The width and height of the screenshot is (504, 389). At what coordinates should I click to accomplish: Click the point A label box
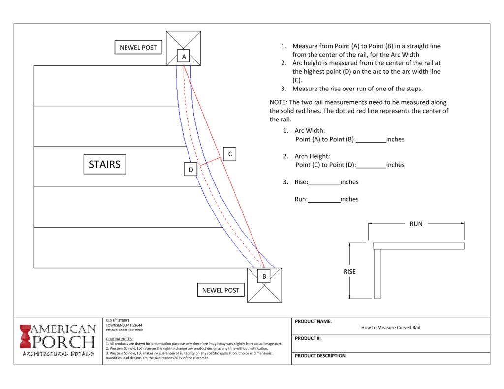pyautogui.click(x=184, y=57)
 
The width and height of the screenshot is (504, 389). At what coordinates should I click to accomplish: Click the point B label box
pyautogui.click(x=264, y=276)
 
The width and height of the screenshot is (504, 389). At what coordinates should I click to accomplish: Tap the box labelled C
pyautogui.click(x=230, y=154)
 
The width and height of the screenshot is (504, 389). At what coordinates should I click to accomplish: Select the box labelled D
pyautogui.click(x=190, y=170)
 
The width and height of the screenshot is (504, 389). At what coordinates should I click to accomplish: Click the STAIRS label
pyautogui.click(x=104, y=164)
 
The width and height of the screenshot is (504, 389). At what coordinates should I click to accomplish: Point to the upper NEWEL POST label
pyautogui.click(x=138, y=48)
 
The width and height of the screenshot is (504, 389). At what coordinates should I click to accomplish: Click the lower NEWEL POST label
pyautogui.click(x=220, y=290)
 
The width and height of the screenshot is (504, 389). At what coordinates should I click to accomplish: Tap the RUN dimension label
pyautogui.click(x=416, y=224)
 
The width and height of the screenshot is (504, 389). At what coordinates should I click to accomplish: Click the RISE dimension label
pyautogui.click(x=349, y=271)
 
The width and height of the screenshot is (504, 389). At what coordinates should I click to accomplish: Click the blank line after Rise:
pyautogui.click(x=324, y=182)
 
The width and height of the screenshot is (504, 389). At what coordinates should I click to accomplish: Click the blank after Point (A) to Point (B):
pyautogui.click(x=371, y=140)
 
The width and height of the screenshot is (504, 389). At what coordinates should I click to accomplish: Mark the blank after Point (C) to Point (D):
pyautogui.click(x=371, y=165)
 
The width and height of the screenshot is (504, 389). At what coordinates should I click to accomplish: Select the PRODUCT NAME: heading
pyautogui.click(x=313, y=321)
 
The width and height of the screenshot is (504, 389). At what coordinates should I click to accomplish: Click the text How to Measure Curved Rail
pyautogui.click(x=391, y=327)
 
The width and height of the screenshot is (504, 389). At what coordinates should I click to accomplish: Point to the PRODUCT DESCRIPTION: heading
pyautogui.click(x=320, y=355)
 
